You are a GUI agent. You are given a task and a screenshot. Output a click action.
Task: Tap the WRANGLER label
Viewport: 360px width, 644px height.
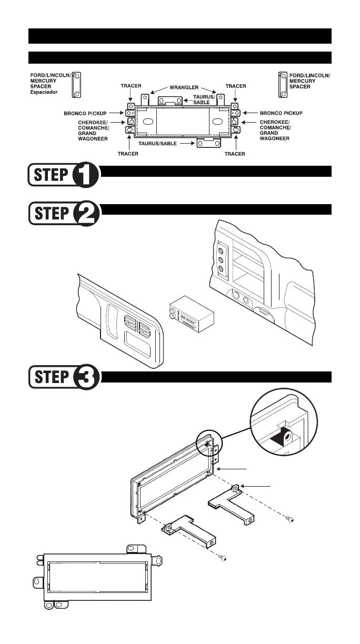[x=183, y=86]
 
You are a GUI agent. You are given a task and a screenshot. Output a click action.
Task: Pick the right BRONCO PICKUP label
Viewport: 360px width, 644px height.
[x=282, y=113]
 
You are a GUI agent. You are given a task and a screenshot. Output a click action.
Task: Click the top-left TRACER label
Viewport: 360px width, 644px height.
[x=130, y=86]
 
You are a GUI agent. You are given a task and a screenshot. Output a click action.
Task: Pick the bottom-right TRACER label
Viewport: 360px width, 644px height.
[x=235, y=154]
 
